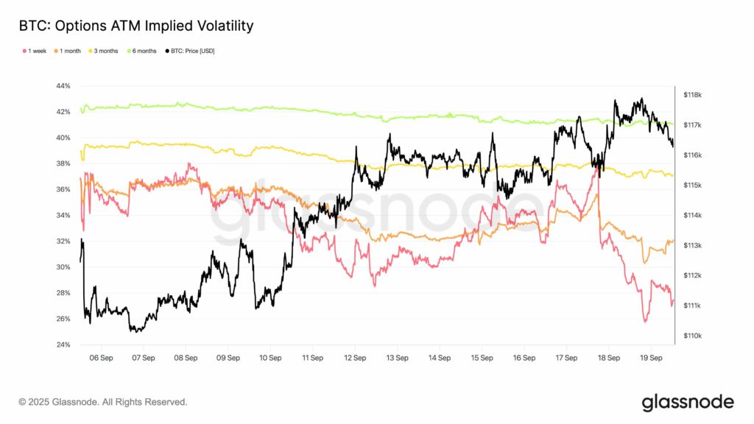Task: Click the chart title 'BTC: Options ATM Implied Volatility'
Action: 136,26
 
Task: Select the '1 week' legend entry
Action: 36,51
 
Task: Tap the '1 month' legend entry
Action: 70,51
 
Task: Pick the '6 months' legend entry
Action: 144,51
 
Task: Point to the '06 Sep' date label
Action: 101,358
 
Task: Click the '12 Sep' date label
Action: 355,358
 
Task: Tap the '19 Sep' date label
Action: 652,358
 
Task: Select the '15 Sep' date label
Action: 482,358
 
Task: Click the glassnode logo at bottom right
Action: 687,402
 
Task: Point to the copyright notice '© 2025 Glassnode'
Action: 103,402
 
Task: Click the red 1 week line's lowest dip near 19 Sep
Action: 646,322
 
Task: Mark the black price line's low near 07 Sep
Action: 135,331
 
